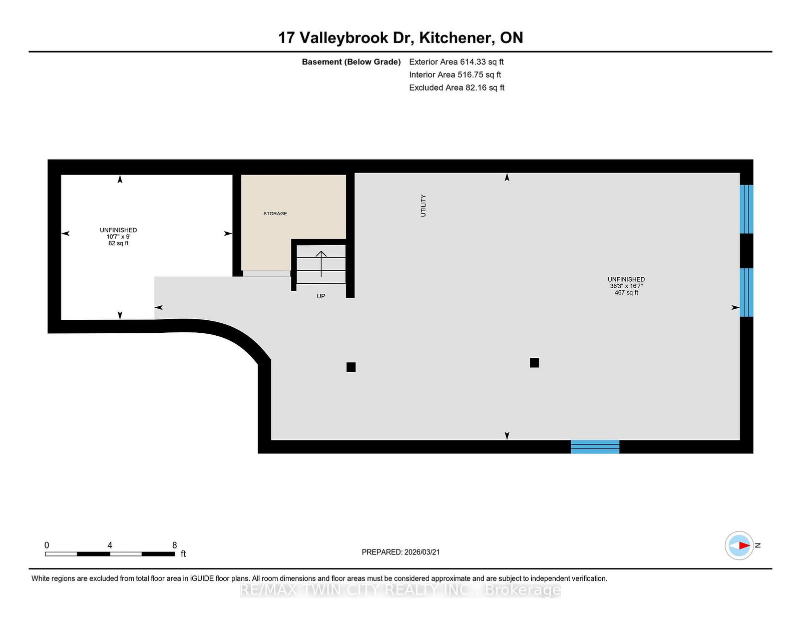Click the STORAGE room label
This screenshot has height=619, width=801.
tap(275, 214)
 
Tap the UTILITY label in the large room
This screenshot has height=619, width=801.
tap(423, 206)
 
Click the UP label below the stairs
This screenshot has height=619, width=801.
tap(321, 296)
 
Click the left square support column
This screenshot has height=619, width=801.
tap(351, 367)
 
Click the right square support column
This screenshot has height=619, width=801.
tap(534, 363)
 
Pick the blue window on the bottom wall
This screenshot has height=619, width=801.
tap(595, 446)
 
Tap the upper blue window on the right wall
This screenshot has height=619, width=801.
tap(746, 209)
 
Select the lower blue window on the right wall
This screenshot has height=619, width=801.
tap(746, 292)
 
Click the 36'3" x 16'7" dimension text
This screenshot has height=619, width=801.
tap(626, 286)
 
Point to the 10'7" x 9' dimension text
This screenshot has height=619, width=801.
tap(118, 237)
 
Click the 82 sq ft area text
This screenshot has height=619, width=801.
tap(118, 243)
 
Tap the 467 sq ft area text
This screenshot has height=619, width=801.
tap(626, 293)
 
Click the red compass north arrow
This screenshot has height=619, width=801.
tap(742, 545)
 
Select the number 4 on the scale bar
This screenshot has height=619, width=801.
tap(110, 545)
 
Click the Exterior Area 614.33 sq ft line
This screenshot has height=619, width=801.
tap(456, 62)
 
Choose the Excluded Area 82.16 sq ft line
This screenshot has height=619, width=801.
tap(457, 88)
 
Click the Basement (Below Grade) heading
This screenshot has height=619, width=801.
tap(351, 62)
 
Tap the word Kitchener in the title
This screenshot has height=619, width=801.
tap(455, 38)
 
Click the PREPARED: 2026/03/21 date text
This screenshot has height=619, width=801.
tap(400, 552)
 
